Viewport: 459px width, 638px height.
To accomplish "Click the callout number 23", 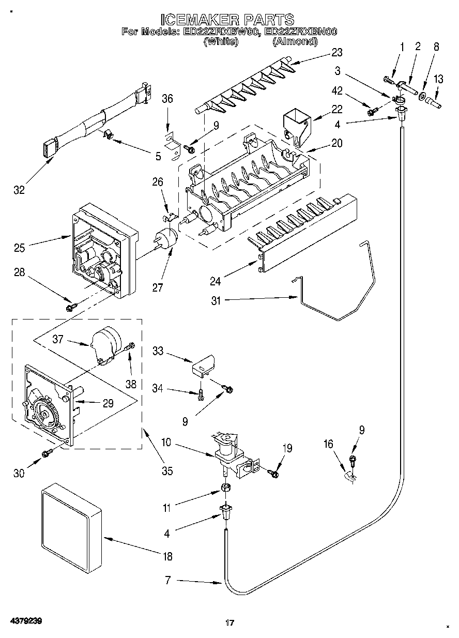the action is (x=337, y=53).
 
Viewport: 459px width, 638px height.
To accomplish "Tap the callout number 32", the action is (x=19, y=190).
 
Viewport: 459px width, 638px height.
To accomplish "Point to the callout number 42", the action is (x=337, y=90).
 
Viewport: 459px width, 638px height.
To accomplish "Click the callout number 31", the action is (x=216, y=300).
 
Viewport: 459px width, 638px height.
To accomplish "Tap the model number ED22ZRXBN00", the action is (x=300, y=32).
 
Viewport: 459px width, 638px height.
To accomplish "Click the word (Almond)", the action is (x=295, y=41).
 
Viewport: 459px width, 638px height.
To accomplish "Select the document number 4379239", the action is (x=26, y=619).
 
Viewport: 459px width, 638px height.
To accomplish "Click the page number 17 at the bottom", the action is (x=230, y=620).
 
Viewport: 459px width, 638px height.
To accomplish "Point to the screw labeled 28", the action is (x=71, y=307).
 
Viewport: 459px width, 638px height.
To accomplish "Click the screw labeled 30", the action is (x=47, y=453).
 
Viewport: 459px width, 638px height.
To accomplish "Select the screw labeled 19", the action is (x=273, y=473).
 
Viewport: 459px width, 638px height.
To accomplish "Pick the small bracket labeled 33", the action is (x=203, y=367).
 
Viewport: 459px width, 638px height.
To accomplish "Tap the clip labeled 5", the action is (x=107, y=135).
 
